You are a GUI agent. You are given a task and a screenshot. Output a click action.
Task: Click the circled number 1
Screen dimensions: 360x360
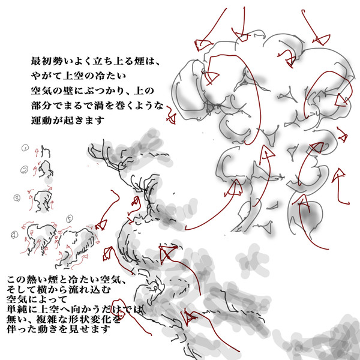pos(25,148)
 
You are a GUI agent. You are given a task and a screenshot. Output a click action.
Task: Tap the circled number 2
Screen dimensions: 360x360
pos(25,170)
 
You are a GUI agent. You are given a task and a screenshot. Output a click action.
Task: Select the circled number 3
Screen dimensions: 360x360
pos(17,197)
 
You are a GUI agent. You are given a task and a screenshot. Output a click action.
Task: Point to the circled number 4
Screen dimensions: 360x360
pos(14,235)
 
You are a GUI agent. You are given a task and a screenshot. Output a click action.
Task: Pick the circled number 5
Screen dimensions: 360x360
pos(70,219)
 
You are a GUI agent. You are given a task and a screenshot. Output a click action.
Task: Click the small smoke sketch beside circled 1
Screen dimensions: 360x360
pos(46,151)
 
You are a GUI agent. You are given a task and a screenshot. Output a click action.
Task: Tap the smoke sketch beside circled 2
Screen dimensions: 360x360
pos(46,169)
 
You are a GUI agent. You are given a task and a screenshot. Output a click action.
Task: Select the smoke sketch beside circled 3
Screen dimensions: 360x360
pos(43,201)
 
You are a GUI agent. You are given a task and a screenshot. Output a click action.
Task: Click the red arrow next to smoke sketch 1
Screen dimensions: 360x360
pos(36,152)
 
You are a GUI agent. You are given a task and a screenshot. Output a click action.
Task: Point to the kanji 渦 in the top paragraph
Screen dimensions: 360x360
pos(99,106)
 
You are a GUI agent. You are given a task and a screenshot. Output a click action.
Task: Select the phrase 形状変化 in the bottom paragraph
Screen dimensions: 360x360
pos(87,319)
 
